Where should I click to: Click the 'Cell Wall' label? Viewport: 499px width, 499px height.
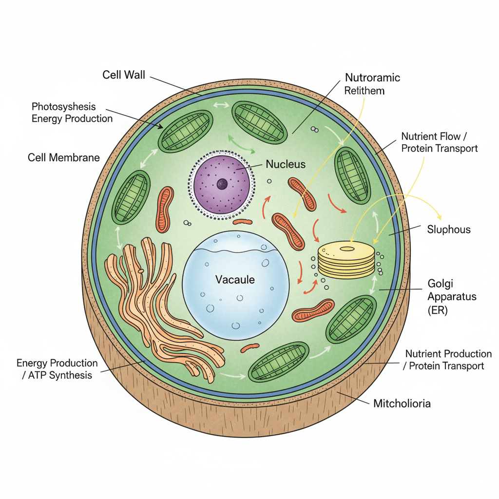(124, 75)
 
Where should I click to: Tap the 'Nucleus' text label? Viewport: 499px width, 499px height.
(286, 164)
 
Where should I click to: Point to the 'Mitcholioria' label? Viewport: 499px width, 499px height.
(402, 403)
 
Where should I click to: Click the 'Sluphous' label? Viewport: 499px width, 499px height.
(449, 230)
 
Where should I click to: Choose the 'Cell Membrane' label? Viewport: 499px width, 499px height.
(63, 157)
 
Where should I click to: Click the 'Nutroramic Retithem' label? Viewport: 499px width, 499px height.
(372, 84)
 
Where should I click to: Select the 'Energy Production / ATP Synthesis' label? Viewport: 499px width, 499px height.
(57, 369)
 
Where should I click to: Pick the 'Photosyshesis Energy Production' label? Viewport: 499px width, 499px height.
(72, 113)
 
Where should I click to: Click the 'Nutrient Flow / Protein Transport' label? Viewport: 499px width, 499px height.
(440, 142)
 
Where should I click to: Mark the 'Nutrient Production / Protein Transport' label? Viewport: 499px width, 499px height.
(448, 360)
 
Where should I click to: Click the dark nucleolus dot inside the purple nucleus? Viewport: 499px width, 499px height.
(222, 184)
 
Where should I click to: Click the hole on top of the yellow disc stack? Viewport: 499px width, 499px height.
(347, 249)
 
